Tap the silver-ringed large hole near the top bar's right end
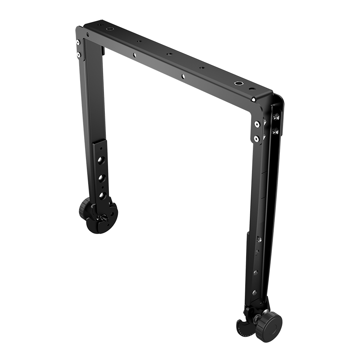237,84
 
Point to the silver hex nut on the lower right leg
258,239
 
